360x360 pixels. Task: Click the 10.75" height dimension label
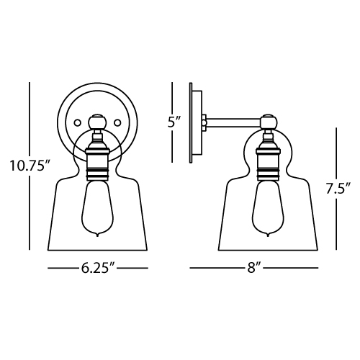coord(30,166)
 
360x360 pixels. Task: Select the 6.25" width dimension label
coord(98,268)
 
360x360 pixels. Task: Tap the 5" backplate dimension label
coord(174,122)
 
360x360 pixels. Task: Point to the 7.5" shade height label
coord(338,188)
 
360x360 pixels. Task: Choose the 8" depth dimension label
coord(254,268)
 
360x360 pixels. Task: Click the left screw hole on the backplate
coord(77,122)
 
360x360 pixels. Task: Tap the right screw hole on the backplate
coord(117,122)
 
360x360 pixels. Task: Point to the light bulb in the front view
coord(97,208)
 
